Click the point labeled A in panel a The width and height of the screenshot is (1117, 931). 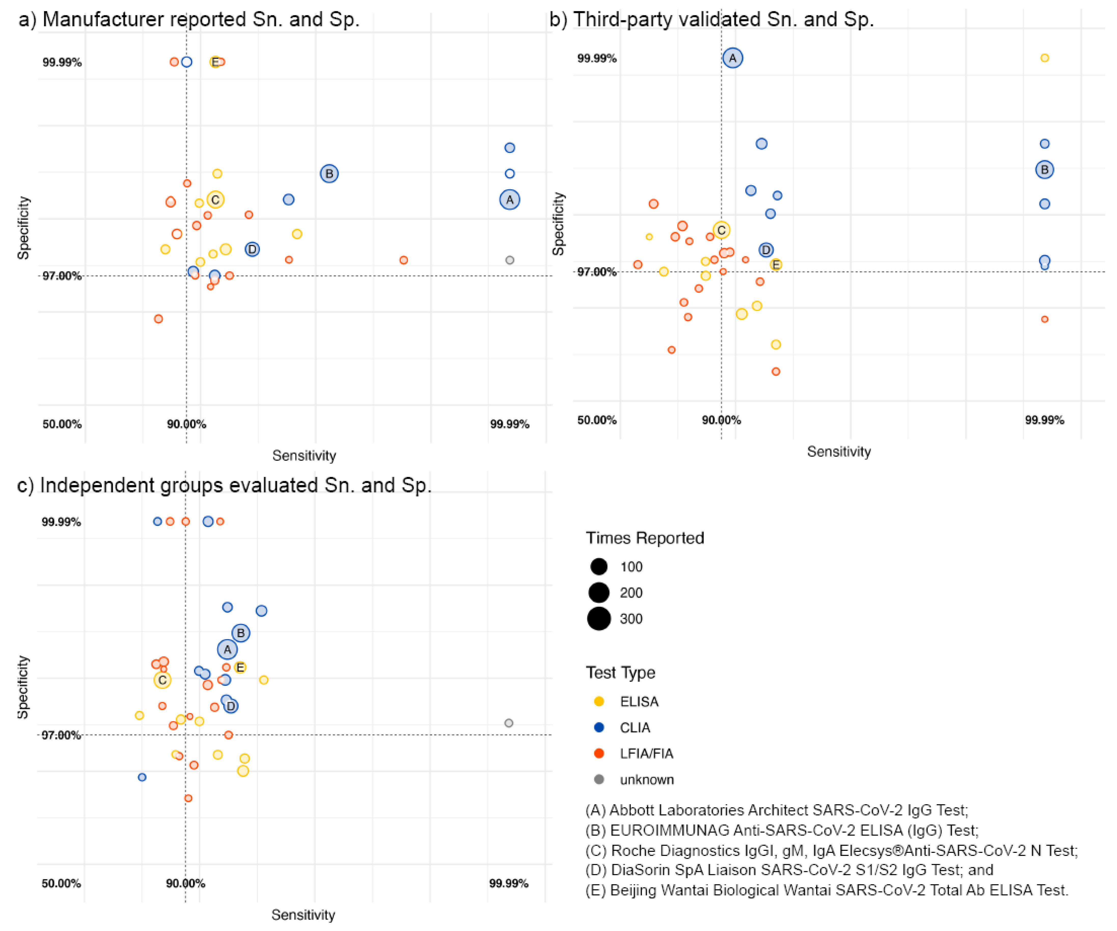(509, 200)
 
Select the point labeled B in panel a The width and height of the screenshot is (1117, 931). (329, 173)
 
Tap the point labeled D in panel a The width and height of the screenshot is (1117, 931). (252, 249)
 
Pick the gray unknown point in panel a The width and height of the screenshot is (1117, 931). (509, 260)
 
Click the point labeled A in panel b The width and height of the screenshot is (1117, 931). (733, 58)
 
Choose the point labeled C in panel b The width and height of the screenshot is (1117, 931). (721, 230)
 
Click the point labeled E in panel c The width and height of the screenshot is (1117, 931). (240, 667)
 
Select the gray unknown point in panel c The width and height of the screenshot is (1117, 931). (508, 723)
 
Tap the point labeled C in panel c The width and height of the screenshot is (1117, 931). (162, 680)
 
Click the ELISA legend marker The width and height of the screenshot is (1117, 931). (599, 701)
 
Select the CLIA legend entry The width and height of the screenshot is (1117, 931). (635, 727)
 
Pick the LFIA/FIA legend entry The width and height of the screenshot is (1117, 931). (646, 753)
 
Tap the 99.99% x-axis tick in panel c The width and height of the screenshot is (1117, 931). (508, 883)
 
